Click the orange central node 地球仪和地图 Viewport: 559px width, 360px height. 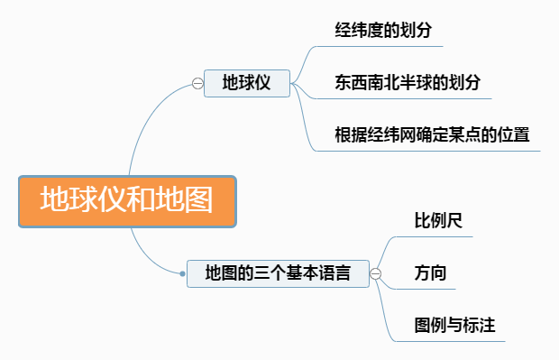pos(126,201)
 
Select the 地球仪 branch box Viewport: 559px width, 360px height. pos(246,83)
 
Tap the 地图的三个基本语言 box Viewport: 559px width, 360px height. pos(278,272)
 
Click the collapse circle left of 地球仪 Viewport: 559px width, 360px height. pos(197,83)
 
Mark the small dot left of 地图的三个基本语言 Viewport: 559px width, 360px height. pos(180,272)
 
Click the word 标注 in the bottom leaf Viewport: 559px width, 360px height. pos(481,324)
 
